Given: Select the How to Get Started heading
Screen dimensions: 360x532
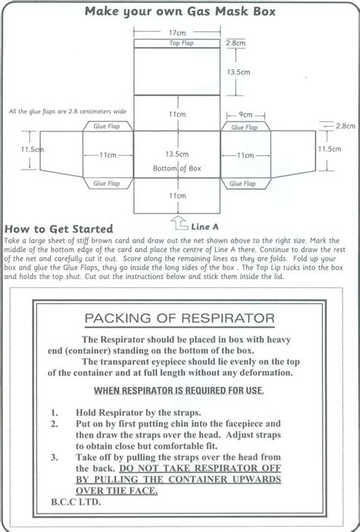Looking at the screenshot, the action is (58, 229).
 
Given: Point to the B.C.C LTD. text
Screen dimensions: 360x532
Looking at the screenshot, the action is (70, 502).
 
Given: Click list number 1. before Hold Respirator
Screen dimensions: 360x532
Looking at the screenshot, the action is (55, 411).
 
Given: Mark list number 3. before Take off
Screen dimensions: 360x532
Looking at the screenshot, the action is (55, 459).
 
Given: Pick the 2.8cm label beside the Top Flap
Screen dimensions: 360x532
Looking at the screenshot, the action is (241, 45).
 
